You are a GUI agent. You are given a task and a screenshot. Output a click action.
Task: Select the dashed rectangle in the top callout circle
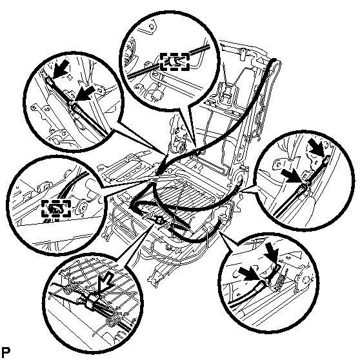tap(175, 61)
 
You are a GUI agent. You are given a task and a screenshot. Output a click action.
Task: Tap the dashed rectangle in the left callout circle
tap(56, 208)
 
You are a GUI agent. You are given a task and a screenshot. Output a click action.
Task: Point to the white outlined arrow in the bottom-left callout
tap(105, 283)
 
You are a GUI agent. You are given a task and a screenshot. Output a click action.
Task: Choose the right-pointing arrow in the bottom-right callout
tap(250, 274)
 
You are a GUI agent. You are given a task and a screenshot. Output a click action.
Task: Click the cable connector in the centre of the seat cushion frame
tap(159, 221)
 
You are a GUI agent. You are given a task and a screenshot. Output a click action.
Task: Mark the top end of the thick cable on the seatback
tap(275, 60)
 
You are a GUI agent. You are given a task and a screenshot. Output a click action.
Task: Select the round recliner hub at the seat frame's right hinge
tap(239, 177)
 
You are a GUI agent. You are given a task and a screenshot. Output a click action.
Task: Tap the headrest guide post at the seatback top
tap(242, 54)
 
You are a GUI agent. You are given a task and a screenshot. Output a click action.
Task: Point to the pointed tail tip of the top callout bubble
tap(195, 147)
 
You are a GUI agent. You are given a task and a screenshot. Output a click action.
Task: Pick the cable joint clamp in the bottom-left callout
tap(91, 301)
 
